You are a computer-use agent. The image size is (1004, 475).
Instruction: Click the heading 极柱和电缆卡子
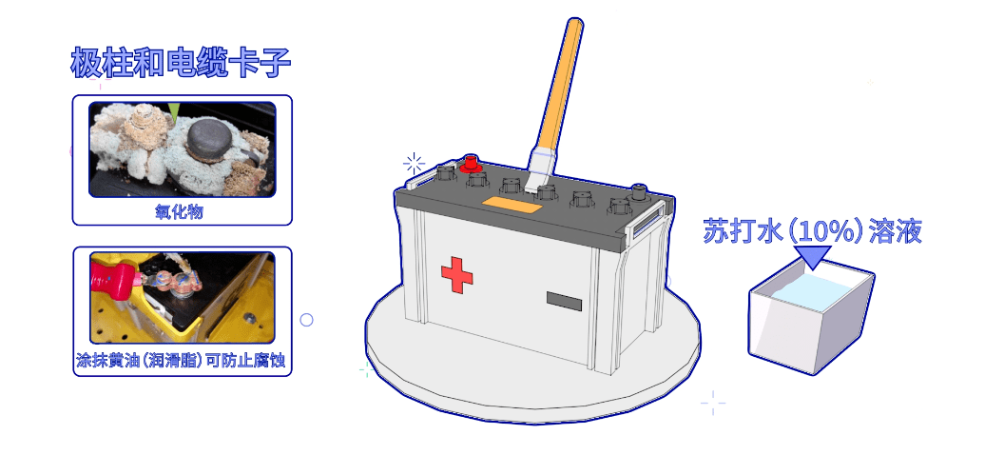click(x=181, y=63)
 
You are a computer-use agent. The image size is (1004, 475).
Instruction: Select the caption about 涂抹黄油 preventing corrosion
click(x=182, y=362)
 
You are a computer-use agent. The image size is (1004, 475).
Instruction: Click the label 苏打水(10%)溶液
click(x=813, y=231)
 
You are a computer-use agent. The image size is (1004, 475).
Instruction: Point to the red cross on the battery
click(x=457, y=275)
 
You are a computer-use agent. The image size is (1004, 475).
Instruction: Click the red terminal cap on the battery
click(x=471, y=163)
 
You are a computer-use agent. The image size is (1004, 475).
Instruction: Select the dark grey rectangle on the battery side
click(x=564, y=301)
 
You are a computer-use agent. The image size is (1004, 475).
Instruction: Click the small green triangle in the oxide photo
click(x=174, y=111)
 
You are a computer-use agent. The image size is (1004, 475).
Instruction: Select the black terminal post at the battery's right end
click(x=638, y=192)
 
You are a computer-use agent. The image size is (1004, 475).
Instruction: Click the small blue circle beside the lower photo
click(x=307, y=320)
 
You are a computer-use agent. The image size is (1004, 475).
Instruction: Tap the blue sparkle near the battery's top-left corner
click(x=414, y=164)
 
